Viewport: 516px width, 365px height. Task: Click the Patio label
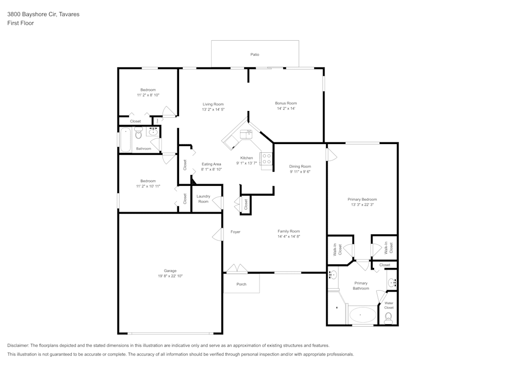(x=254, y=54)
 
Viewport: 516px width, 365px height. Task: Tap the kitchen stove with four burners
(x=267, y=159)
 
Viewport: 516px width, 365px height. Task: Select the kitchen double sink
(x=245, y=135)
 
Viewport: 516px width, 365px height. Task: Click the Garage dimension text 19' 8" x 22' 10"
(x=170, y=276)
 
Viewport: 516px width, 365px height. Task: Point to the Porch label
(x=241, y=284)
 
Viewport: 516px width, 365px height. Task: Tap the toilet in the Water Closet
(x=389, y=317)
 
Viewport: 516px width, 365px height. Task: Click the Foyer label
(x=235, y=232)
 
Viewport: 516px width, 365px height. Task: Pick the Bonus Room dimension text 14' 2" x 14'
(x=286, y=108)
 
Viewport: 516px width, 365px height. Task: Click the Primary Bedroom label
(x=362, y=199)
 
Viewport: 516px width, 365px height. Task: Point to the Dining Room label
(x=300, y=166)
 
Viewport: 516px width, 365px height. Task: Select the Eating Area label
(x=211, y=164)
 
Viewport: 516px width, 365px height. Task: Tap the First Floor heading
(x=21, y=23)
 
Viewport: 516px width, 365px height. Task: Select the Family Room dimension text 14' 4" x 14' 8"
(x=288, y=236)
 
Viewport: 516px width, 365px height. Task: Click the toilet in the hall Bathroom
(x=138, y=134)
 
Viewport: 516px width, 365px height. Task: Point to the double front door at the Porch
(x=237, y=269)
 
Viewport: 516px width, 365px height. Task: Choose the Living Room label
(x=213, y=104)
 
